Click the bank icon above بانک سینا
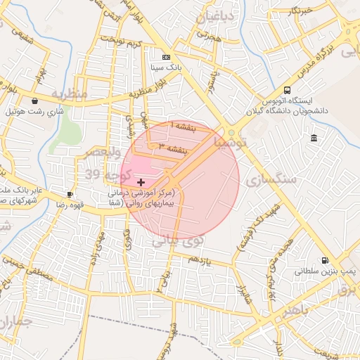click(x=166, y=57)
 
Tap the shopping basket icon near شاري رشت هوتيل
click(x=35, y=101)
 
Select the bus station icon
click(x=287, y=90)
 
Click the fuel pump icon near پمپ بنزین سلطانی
click(x=324, y=259)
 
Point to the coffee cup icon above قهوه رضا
click(x=70, y=193)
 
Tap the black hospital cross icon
click(x=141, y=182)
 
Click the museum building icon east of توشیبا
click(x=313, y=137)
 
